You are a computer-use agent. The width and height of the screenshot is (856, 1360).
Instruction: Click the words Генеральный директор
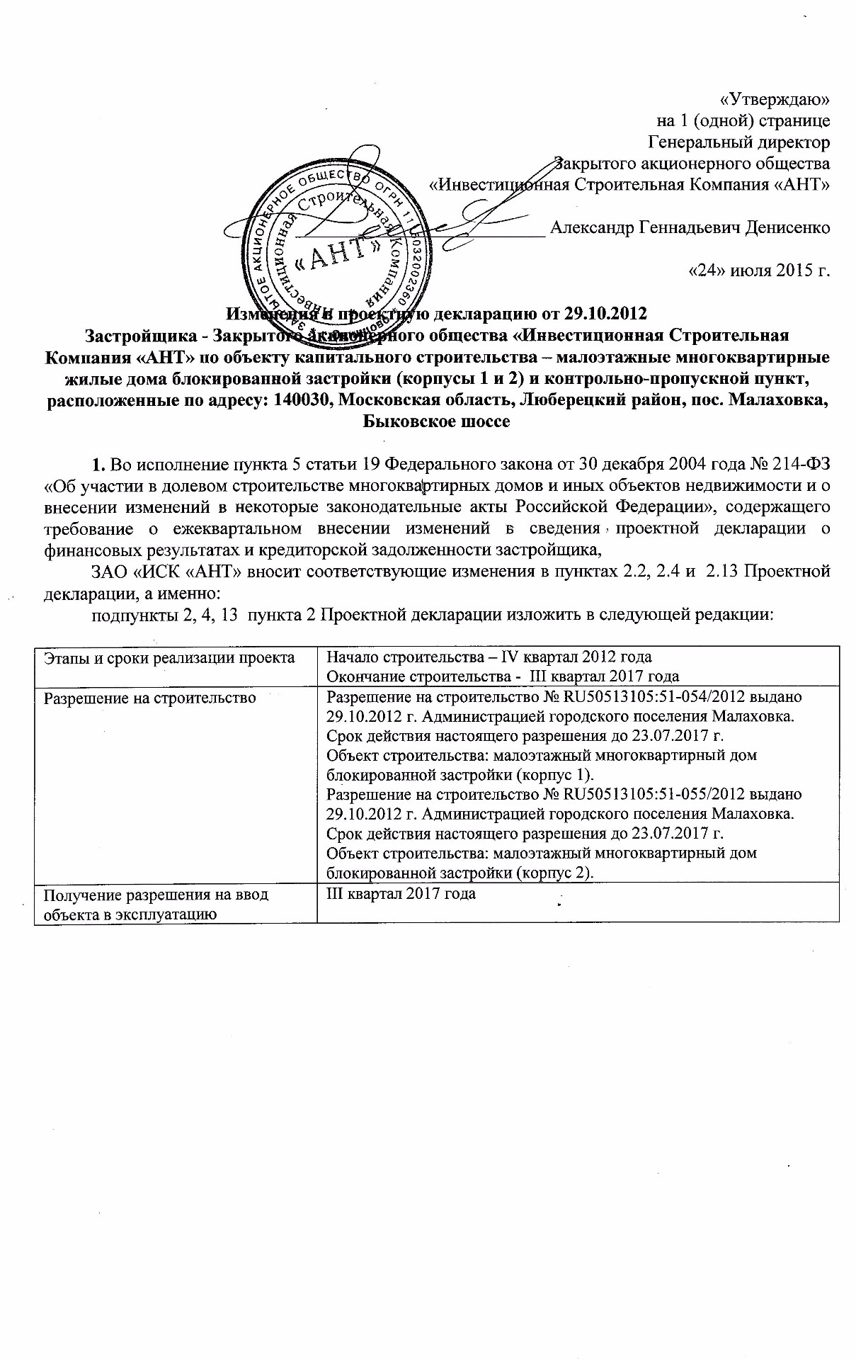click(739, 142)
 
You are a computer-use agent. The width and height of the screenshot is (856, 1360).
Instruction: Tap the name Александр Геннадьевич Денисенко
click(690, 228)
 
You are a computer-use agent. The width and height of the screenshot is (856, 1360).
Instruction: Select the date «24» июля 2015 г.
click(759, 270)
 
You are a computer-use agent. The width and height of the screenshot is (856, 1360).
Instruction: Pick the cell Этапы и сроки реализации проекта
click(169, 658)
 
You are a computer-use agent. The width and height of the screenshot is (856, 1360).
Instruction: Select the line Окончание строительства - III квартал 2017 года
click(503, 676)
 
